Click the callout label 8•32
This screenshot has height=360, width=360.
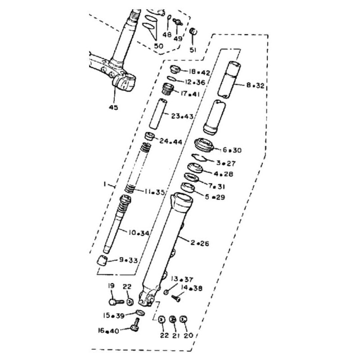click(255, 85)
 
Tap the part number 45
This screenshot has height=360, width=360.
click(113, 107)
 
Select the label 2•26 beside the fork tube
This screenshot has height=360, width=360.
click(200, 243)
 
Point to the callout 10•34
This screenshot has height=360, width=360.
click(139, 233)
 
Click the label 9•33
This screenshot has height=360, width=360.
click(128, 260)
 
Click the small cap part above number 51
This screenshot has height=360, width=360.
click(193, 32)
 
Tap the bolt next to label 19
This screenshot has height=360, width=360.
click(116, 301)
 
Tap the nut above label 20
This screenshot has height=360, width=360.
click(183, 319)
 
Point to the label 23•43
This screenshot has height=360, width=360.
click(182, 116)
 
